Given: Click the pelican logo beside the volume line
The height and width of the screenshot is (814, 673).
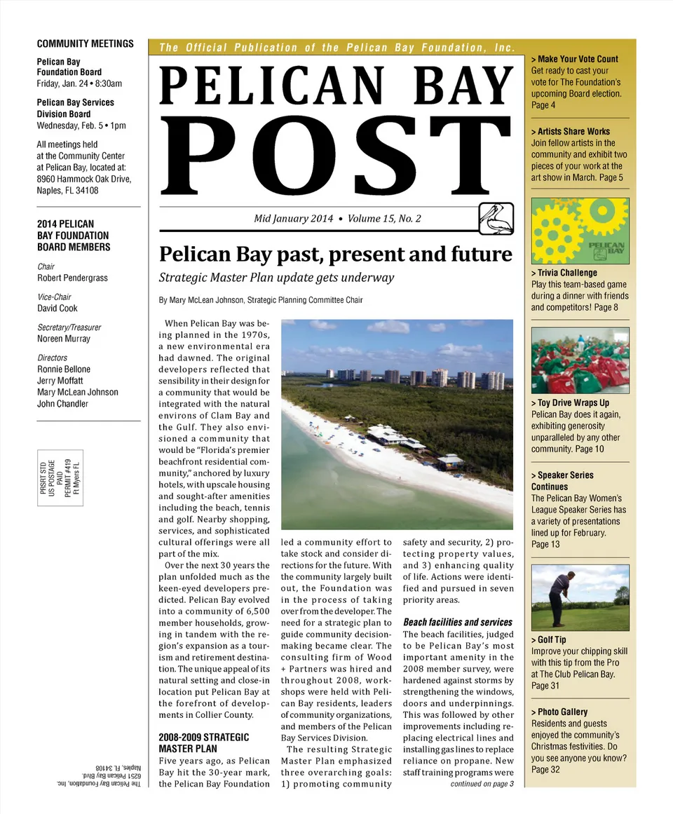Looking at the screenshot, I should [x=496, y=218].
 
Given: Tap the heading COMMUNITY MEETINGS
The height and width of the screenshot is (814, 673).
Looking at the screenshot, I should [x=85, y=43].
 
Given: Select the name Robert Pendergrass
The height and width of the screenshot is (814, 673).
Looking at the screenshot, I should [x=72, y=278].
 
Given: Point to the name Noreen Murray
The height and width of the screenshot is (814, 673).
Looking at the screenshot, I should [x=64, y=339].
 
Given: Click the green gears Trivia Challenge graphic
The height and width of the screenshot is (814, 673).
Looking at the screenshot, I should [x=580, y=231].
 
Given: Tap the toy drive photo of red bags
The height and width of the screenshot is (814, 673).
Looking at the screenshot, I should [x=580, y=360].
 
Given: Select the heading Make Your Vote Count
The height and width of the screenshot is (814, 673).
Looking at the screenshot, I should [x=575, y=59].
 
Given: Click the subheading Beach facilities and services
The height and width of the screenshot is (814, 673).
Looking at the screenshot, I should [x=457, y=622].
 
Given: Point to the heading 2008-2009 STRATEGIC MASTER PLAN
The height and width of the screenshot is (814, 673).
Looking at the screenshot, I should [x=204, y=743].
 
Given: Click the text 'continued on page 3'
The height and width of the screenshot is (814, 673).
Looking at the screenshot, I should [x=482, y=784].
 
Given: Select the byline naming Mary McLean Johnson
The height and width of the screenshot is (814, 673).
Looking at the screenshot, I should [x=261, y=300].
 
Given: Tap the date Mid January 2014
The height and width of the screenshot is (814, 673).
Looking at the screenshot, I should [x=293, y=219].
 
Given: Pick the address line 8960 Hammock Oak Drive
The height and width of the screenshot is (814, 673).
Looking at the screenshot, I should [x=84, y=179].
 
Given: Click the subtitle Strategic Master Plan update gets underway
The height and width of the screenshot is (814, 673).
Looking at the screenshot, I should [x=276, y=278].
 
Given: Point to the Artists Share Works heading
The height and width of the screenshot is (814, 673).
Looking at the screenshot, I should [x=571, y=131].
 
